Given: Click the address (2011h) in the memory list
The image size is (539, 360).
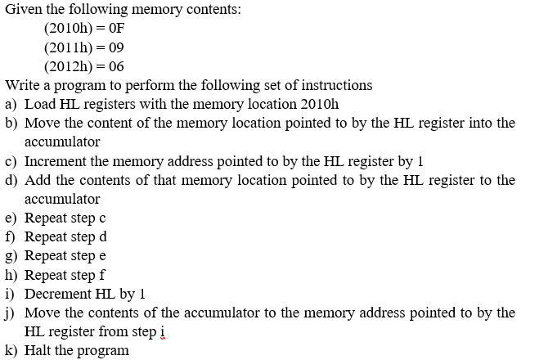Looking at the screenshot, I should coord(69,47).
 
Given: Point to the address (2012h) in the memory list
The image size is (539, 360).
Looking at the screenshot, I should coord(69,66).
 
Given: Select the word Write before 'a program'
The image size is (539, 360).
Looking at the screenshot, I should coord(24,85).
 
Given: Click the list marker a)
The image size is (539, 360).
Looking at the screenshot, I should coord(11,104).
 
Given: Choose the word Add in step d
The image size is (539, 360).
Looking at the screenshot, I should coord(38,180).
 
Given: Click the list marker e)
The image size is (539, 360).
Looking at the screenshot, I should coord(11,218).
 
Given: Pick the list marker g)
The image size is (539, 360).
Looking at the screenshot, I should coord(11,255).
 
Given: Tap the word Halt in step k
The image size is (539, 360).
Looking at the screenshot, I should coord(39,350).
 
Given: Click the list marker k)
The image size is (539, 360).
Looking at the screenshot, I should coord(11,350).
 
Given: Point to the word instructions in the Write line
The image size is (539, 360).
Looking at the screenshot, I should coord(335,85).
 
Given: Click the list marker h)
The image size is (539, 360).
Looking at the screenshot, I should coord(11,274).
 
